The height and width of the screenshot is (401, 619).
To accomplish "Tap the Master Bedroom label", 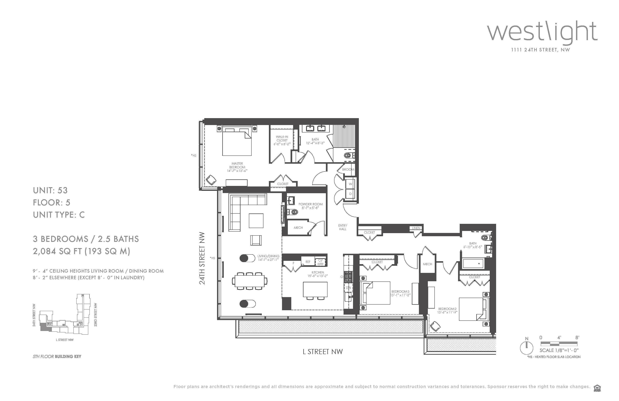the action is tap(237, 167).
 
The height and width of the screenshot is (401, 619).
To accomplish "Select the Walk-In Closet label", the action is tap(282, 140).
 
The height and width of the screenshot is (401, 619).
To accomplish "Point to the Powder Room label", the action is tap(311, 206).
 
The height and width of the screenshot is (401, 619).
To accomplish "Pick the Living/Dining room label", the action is tap(268, 258).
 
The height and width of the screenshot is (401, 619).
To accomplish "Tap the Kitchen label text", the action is tap(318, 274).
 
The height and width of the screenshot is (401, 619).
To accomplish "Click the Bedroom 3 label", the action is tap(400, 293).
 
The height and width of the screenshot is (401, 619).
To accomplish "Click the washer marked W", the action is tap(350, 184).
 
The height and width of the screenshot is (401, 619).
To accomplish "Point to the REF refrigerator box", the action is tap(308, 262).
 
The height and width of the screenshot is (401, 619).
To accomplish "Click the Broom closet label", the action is tap(348, 170).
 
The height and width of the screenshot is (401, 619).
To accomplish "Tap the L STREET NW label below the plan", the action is tap(323, 352).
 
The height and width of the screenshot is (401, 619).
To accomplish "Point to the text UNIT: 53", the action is tap(50, 190).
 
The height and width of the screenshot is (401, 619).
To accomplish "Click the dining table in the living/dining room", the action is tap(250, 281).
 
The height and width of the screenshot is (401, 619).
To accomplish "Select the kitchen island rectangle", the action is tap(315, 289).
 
